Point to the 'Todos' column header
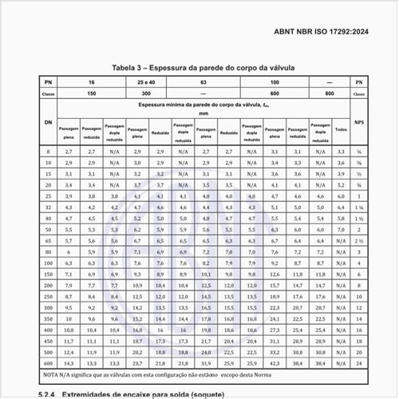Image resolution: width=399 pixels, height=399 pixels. (x=342, y=128)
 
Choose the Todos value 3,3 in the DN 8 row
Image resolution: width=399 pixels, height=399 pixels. (x=342, y=151)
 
